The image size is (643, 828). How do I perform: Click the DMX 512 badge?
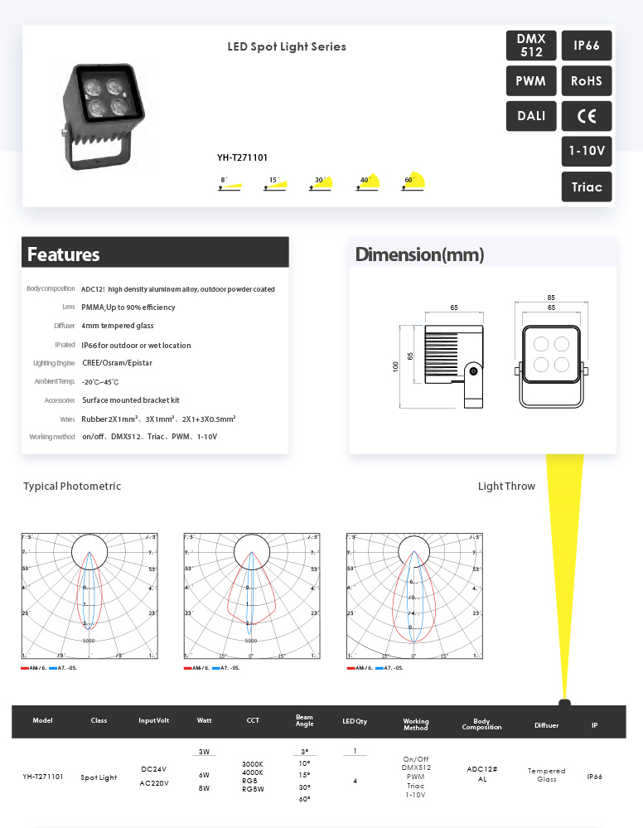coord(531,46)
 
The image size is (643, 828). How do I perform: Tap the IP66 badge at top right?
coord(587,46)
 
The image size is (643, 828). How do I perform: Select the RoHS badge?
coord(587,81)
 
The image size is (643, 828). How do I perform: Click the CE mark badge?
coord(587,116)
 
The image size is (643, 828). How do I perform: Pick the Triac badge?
coord(587,186)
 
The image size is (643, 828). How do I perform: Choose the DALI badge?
coord(531,116)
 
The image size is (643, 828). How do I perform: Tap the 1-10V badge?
coord(587,152)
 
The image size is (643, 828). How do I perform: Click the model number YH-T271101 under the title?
coord(242,157)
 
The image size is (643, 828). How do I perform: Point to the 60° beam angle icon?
coord(413,182)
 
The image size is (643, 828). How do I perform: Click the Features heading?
coord(64,254)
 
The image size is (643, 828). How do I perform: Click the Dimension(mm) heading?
coord(419,254)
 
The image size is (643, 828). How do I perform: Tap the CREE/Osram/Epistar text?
coord(117,363)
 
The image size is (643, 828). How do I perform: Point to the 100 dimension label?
coord(395,366)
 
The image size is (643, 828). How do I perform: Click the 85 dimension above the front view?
coord(551,298)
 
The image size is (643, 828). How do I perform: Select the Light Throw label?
coord(506,487)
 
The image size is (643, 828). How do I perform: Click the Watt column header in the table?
coord(204,721)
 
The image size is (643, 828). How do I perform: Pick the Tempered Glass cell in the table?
coord(546,774)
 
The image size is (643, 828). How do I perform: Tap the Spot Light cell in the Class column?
coord(99,778)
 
